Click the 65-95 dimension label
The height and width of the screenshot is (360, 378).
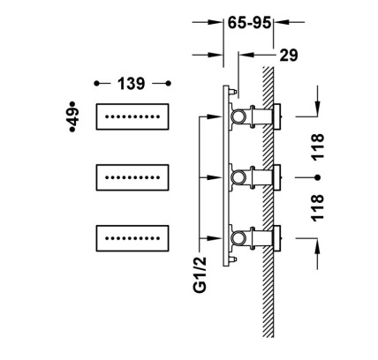(249, 23)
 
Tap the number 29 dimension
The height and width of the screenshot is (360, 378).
(289, 55)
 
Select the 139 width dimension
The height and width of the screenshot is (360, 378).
(132, 84)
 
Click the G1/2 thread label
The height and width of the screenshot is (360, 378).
(200, 274)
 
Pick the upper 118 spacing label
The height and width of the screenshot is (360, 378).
(317, 147)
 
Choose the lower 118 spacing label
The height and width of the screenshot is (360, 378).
(317, 208)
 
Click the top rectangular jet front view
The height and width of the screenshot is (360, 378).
(132, 116)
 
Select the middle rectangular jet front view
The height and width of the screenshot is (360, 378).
(132, 177)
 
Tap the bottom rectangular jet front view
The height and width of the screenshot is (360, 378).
(132, 238)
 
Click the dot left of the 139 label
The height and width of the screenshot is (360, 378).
(96, 84)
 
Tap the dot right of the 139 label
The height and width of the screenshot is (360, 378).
(168, 84)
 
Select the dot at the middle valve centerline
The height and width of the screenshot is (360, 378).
(317, 177)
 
